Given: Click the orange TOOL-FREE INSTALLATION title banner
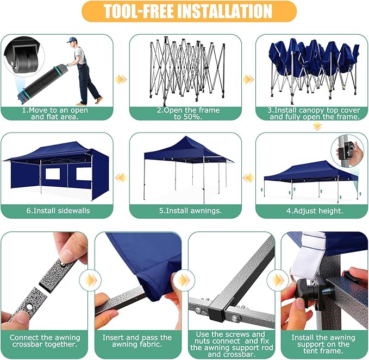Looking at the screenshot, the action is [189, 11].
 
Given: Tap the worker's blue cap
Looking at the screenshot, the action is [71, 40].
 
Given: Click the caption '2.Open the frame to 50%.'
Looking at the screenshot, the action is [188, 113].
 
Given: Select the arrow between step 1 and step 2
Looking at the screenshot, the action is [121, 79].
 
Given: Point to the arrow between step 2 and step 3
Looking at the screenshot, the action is [248, 79].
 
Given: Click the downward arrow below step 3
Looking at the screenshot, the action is [317, 127].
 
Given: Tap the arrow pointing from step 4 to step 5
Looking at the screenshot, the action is [248, 178].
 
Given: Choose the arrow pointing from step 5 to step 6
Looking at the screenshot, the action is [121, 178].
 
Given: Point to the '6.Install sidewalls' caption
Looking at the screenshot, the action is [58, 211].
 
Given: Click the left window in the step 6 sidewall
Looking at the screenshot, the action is [53, 174].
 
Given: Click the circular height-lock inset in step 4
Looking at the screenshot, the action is [347, 151].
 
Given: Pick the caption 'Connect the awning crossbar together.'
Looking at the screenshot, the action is [45, 341].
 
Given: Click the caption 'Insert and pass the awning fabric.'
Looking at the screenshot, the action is [137, 341].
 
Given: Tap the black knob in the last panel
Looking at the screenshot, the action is [307, 288].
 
